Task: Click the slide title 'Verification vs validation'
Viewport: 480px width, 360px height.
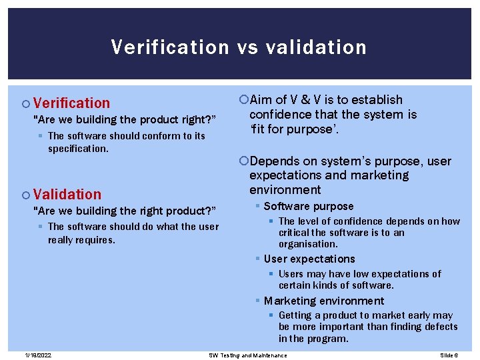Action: [x=239, y=47]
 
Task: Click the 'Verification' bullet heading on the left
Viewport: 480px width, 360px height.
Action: [x=71, y=103]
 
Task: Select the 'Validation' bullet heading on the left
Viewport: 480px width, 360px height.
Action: [x=67, y=194]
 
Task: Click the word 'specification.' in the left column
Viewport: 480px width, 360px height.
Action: [x=78, y=149]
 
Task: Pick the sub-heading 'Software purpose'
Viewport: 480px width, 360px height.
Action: [x=309, y=207]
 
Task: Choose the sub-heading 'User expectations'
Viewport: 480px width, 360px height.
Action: [x=309, y=259]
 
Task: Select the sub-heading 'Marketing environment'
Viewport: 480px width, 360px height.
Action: [x=324, y=301]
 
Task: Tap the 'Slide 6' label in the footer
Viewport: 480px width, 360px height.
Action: [x=449, y=355]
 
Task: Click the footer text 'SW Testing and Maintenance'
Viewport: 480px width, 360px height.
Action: [x=248, y=355]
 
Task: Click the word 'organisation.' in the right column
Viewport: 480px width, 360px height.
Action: [x=309, y=244]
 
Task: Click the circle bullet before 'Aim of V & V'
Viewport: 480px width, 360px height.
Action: [x=243, y=100]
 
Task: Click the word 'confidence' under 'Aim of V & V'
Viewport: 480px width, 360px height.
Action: [x=279, y=115]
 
